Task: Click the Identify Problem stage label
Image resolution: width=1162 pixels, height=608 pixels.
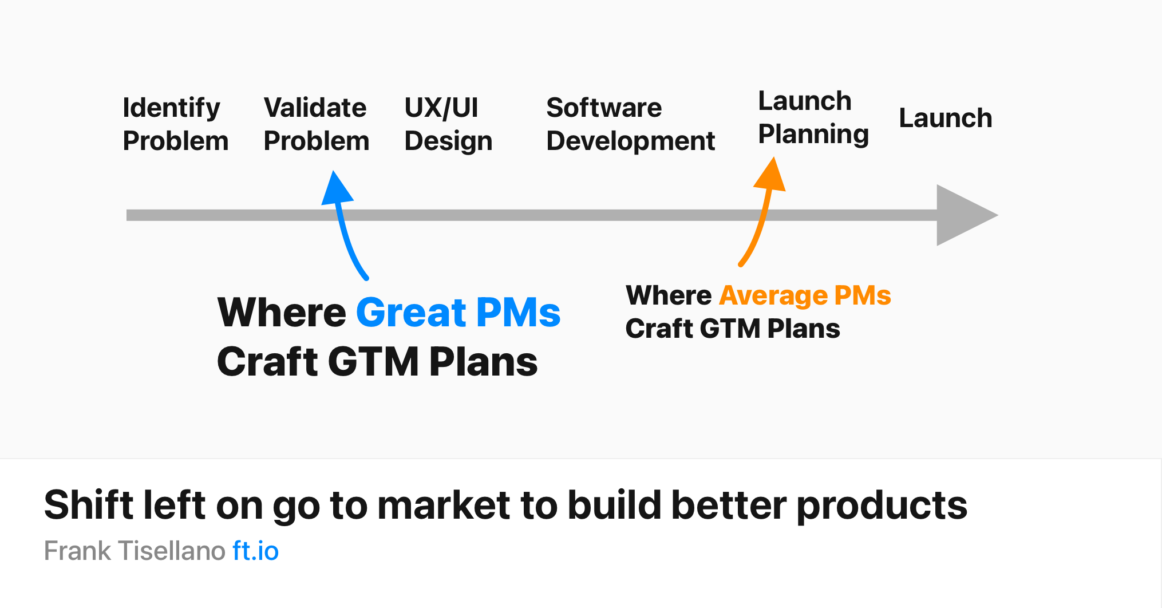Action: click(176, 124)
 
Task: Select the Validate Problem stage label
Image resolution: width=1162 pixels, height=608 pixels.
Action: click(317, 124)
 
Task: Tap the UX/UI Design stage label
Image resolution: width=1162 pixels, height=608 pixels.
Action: click(448, 124)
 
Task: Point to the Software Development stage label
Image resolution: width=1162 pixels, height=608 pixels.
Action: click(630, 124)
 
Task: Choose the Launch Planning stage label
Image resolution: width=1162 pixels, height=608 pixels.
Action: click(813, 118)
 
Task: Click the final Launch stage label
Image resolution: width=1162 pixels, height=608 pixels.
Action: click(946, 118)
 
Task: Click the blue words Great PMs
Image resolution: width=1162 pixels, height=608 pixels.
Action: click(458, 313)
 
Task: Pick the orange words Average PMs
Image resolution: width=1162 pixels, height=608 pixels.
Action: click(805, 295)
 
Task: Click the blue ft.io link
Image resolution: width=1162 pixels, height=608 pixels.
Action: click(255, 551)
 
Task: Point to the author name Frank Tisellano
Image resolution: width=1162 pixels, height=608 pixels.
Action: click(135, 551)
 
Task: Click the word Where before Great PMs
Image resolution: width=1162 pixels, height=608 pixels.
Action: click(282, 313)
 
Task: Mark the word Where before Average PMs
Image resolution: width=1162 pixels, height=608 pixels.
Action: click(668, 295)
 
